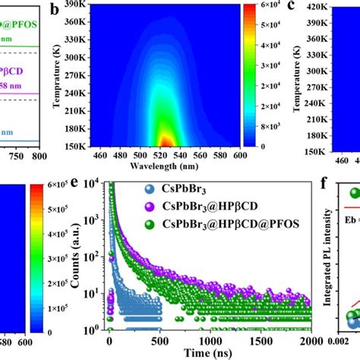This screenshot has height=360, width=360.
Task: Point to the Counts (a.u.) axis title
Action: tap(75, 257)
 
